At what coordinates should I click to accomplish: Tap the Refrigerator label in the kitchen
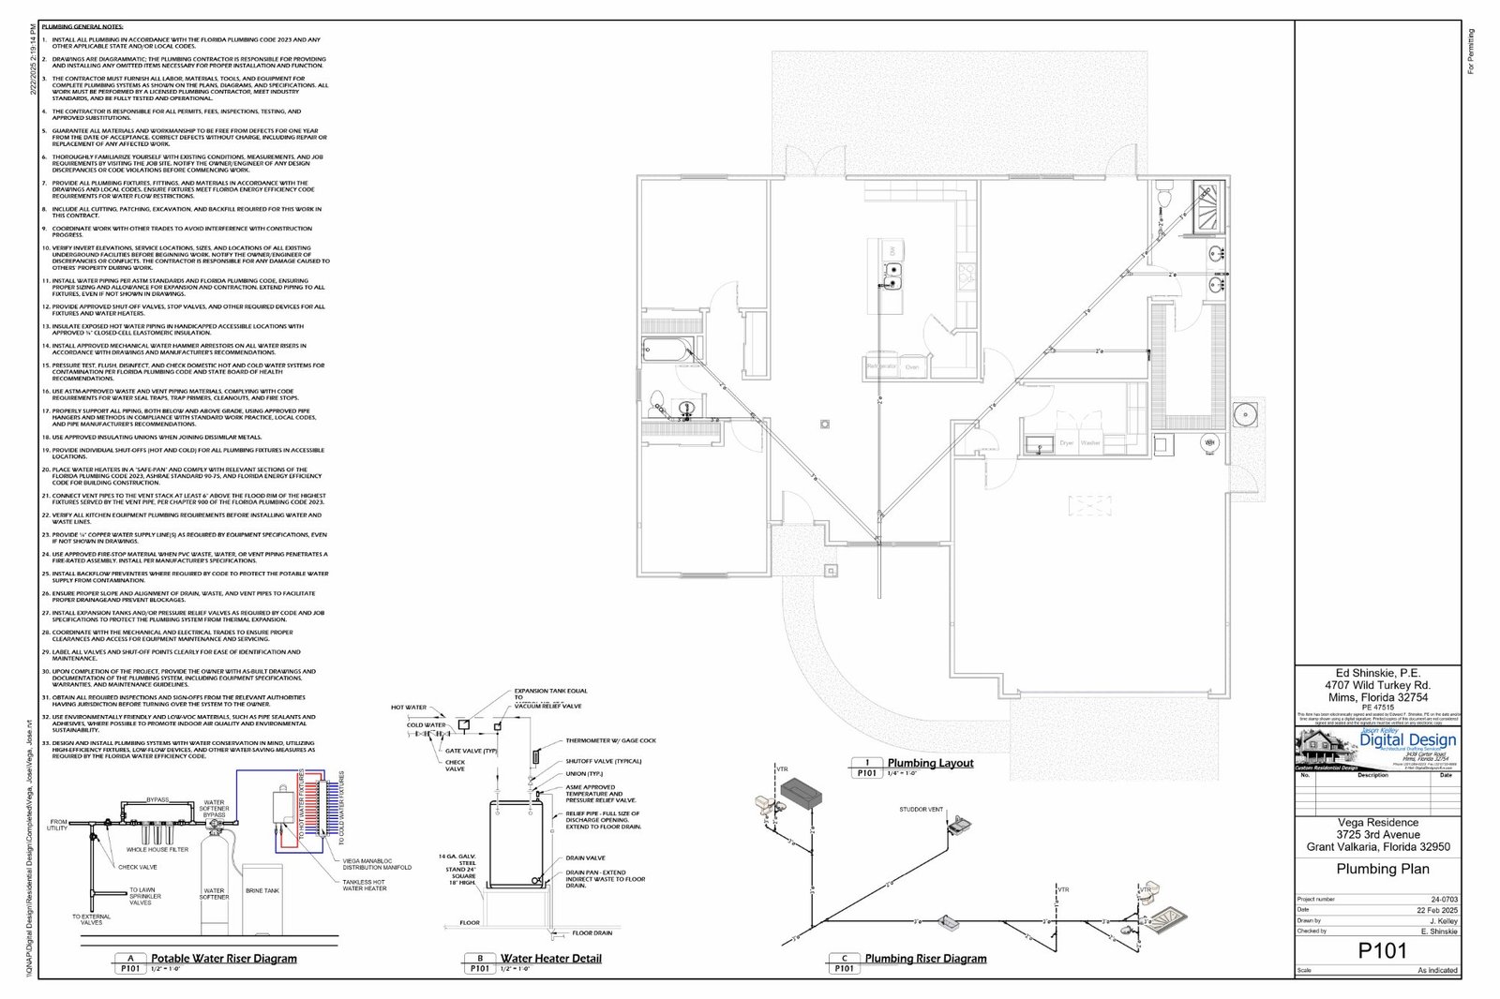(881, 366)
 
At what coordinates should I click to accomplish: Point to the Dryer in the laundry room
(1066, 442)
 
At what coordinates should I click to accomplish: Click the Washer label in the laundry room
(1090, 442)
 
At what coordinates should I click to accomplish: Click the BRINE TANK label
(262, 890)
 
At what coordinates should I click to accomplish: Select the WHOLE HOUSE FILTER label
(157, 850)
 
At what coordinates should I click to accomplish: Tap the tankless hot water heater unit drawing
(282, 806)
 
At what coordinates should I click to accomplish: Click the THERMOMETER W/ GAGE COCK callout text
(610, 740)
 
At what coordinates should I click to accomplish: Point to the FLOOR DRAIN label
(592, 932)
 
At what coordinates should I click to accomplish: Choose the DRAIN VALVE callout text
(585, 857)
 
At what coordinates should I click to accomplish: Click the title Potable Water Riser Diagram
(224, 959)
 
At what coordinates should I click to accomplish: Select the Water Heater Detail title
(550, 959)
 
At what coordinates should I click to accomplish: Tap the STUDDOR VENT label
(921, 809)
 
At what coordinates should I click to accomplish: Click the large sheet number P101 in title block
(1382, 950)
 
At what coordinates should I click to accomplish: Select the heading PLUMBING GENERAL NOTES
(82, 27)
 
